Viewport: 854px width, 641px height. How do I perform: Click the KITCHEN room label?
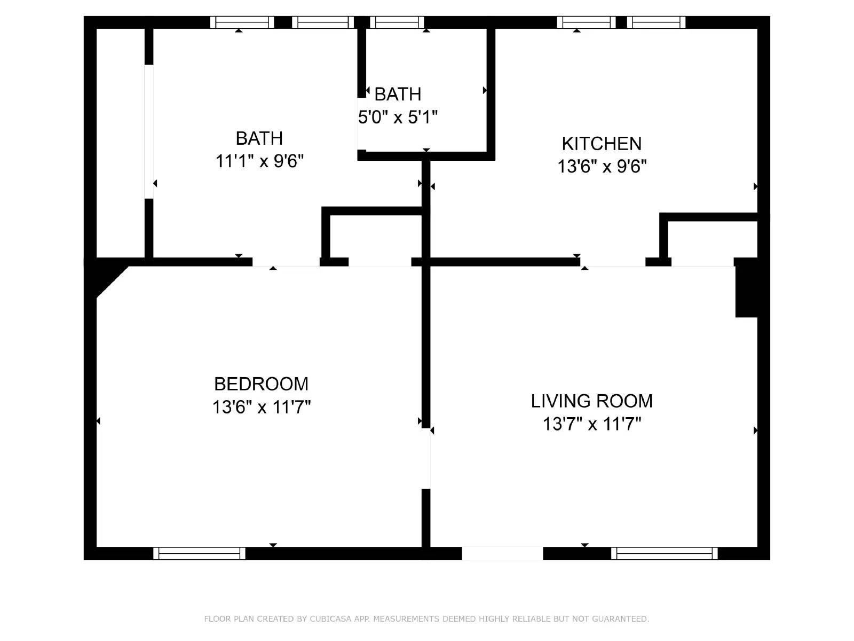(x=602, y=144)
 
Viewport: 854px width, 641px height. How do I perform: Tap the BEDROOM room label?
(x=261, y=384)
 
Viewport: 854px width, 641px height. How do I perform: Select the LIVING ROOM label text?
(x=591, y=401)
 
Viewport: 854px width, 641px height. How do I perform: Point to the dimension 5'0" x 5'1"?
(x=398, y=117)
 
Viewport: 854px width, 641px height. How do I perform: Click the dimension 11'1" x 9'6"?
(x=259, y=161)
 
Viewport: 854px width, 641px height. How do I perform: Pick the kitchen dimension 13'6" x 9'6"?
(x=602, y=167)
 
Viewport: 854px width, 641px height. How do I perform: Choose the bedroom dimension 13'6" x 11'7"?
(x=261, y=408)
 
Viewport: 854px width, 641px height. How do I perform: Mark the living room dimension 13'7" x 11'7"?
(x=591, y=424)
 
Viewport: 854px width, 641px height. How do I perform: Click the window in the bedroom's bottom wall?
(x=199, y=553)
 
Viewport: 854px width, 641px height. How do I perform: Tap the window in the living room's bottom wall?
(x=664, y=553)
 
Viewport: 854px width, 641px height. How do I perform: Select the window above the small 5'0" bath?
(x=397, y=22)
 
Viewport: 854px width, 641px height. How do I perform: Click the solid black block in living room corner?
(x=746, y=288)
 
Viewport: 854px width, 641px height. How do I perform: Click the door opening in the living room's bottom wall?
(x=502, y=553)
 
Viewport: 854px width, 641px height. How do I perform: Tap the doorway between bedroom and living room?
(x=426, y=458)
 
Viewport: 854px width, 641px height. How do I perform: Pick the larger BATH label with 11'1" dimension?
(x=259, y=138)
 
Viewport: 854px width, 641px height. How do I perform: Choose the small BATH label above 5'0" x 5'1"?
(x=398, y=95)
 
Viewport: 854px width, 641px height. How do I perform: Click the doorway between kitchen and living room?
(x=613, y=262)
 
